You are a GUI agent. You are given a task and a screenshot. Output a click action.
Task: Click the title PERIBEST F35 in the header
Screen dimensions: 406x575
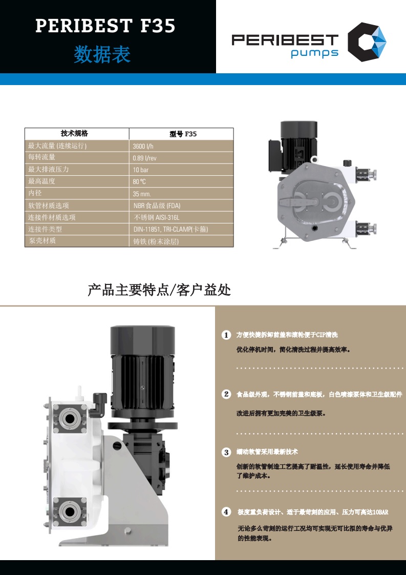105,26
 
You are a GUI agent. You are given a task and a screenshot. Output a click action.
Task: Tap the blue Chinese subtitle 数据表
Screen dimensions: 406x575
102,54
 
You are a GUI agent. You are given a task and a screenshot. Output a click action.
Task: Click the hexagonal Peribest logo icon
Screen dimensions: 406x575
367,42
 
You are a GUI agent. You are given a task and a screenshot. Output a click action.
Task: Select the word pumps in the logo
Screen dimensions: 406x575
315,53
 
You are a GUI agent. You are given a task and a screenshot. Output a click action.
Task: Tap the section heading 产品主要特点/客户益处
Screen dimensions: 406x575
159,290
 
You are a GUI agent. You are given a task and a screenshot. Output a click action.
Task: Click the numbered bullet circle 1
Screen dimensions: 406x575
226,335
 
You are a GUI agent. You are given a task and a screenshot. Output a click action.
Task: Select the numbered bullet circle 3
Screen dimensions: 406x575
226,452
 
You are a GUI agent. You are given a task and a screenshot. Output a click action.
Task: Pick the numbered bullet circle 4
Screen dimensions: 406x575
226,511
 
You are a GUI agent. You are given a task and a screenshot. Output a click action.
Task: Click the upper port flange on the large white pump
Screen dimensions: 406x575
70,418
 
